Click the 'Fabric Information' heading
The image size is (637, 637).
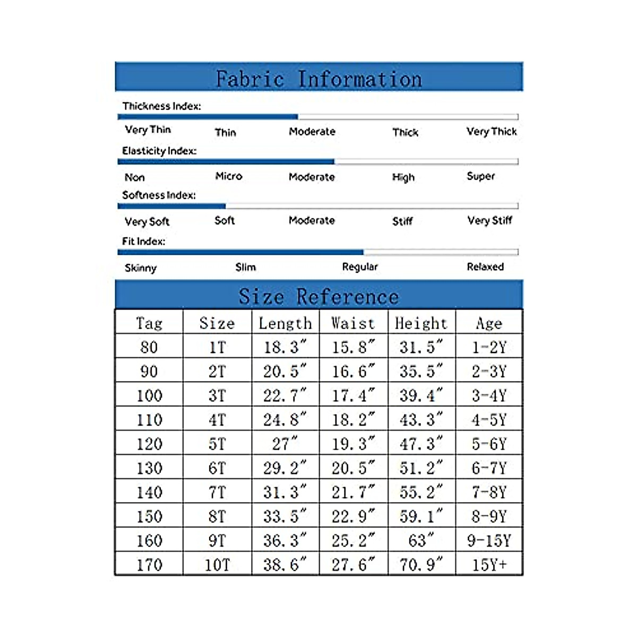(318, 79)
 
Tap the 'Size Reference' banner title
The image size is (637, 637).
(318, 296)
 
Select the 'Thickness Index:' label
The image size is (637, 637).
(161, 106)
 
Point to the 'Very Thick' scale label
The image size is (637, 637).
(491, 132)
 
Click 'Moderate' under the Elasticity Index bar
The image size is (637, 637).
(312, 177)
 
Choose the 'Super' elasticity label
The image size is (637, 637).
(480, 176)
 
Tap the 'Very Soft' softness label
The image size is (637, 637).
(147, 221)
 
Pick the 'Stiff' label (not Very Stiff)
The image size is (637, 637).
(402, 221)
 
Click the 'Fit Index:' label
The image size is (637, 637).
(143, 241)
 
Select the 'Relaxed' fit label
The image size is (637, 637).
(485, 267)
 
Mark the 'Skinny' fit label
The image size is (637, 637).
(141, 268)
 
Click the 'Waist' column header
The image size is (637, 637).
(353, 323)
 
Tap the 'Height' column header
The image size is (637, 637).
(421, 323)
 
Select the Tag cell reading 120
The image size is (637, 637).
(149, 444)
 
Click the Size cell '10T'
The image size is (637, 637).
(217, 565)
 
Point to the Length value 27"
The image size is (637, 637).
(285, 443)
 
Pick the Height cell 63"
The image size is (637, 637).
(421, 540)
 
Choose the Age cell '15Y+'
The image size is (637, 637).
(489, 565)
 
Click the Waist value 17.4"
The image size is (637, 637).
(353, 395)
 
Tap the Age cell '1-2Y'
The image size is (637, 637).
(489, 347)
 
